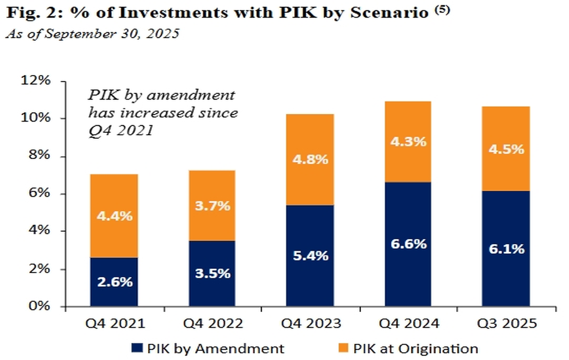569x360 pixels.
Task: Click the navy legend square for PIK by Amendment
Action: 136,348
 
